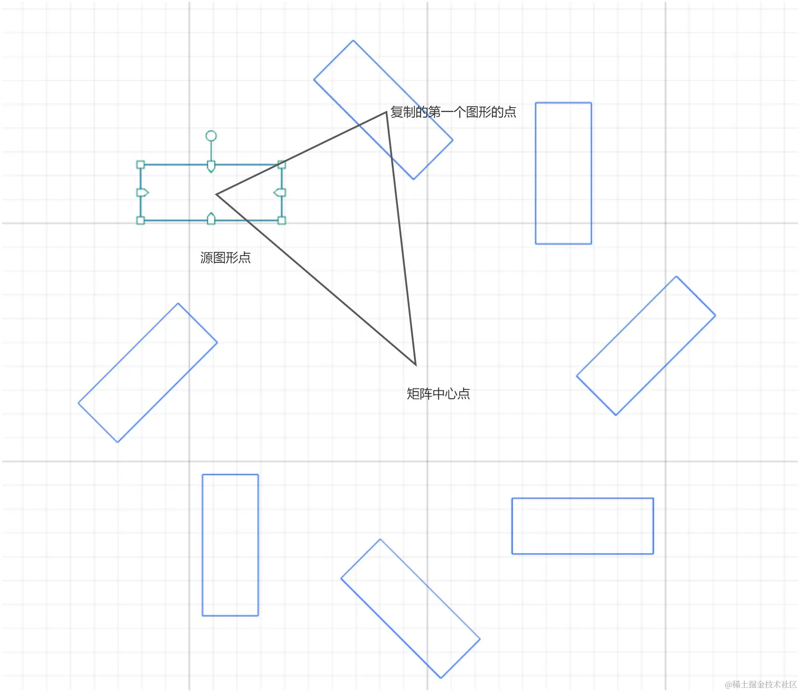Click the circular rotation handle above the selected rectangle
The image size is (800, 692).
[x=211, y=136]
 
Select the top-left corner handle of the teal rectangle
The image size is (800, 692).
[x=141, y=165]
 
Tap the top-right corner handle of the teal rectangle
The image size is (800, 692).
[x=282, y=165]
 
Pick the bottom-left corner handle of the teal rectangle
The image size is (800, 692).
[x=141, y=221]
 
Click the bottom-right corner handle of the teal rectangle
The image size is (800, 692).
[x=282, y=221]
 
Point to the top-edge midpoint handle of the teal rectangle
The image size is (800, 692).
[x=211, y=166]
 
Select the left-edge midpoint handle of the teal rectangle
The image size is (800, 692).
[x=142, y=193]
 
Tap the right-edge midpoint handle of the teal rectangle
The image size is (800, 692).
[x=280, y=193]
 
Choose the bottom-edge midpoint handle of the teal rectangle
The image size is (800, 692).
[x=211, y=219]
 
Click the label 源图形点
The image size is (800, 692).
[x=225, y=258]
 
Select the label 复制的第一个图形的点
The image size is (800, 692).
[x=453, y=112]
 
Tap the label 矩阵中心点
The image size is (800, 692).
[x=438, y=394]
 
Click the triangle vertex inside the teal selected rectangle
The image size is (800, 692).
[x=217, y=194]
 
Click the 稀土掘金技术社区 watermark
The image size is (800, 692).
[x=761, y=684]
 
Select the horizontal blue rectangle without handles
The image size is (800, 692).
[x=582, y=526]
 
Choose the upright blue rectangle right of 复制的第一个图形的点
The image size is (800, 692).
[x=563, y=173]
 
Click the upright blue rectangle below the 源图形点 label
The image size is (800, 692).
[x=230, y=545]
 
